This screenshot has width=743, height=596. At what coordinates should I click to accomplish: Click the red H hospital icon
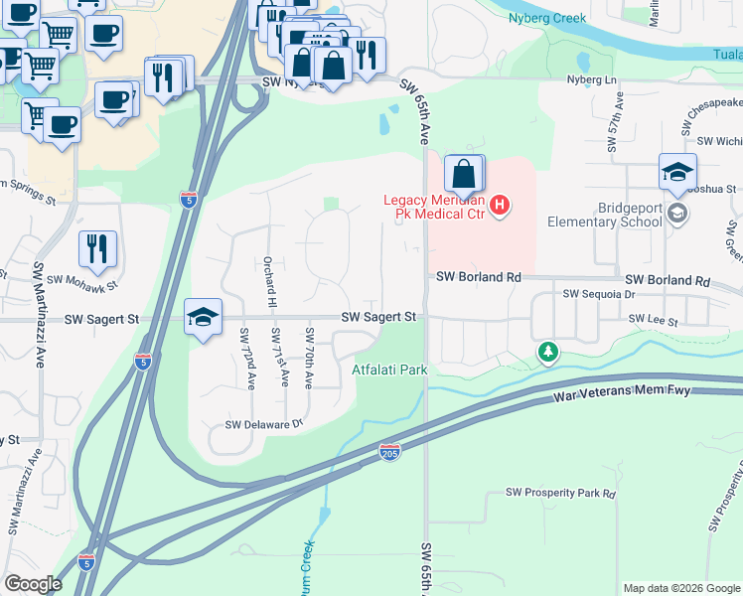click(501, 206)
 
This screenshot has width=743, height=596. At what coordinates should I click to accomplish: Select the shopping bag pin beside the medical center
click(464, 176)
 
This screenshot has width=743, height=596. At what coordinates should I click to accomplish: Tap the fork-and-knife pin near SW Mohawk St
click(97, 249)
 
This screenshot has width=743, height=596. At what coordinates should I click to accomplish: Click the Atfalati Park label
click(389, 370)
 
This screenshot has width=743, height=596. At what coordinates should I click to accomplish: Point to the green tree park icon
click(546, 352)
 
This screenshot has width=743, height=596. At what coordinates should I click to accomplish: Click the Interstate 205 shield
click(389, 453)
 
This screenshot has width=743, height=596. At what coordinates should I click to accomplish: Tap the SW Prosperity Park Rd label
click(560, 493)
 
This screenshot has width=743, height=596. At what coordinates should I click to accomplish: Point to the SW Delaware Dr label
click(262, 425)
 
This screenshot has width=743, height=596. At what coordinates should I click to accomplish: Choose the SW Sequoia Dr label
click(598, 294)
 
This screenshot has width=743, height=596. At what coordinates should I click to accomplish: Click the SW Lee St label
click(653, 322)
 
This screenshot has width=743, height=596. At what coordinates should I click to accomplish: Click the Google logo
click(33, 584)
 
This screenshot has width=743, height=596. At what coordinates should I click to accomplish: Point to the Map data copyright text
click(680, 588)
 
